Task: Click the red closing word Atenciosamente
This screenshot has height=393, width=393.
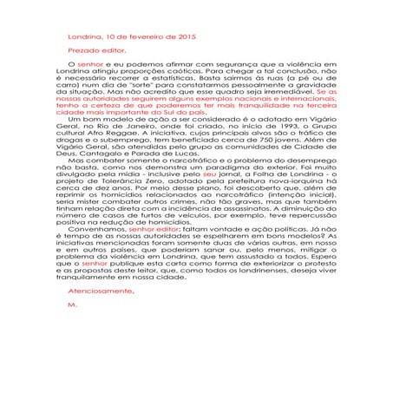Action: (101, 292)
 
